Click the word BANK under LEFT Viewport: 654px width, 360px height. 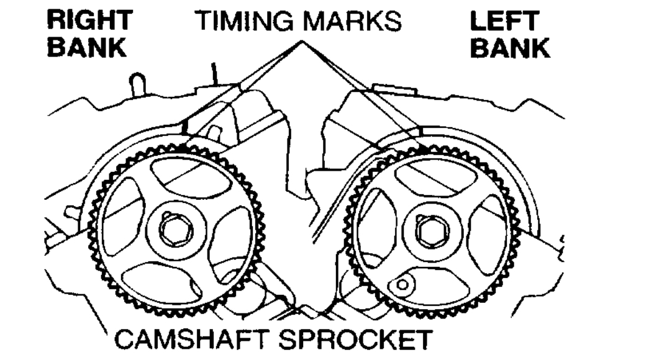point(509,48)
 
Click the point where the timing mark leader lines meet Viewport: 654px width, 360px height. point(302,42)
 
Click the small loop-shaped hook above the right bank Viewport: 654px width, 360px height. point(137,83)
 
